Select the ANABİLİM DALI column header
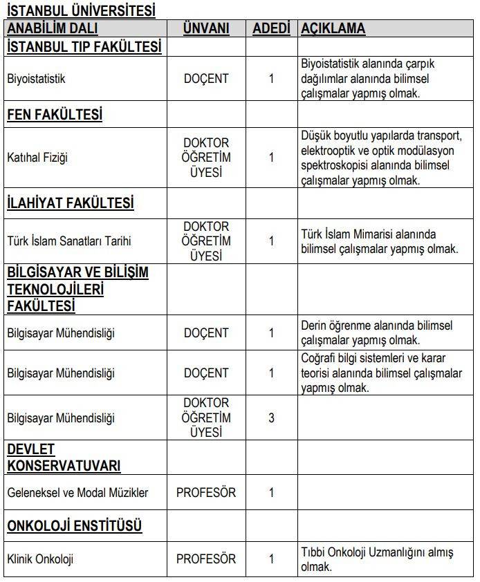[53, 28]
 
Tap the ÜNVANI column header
[206, 28]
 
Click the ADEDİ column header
[271, 28]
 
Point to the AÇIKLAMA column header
[333, 28]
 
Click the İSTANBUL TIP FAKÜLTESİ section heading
[84, 46]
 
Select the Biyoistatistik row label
[36, 79]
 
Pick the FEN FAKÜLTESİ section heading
[55, 115]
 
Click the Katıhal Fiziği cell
[37, 158]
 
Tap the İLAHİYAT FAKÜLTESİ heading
[70, 203]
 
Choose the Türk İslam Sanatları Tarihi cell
[68, 241]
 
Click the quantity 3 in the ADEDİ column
[271, 418]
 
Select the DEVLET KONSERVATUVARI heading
[64, 458]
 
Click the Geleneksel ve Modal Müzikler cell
[77, 493]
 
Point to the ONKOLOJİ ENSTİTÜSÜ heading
[75, 526]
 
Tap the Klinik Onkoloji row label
[40, 559]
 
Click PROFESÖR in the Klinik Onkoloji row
[206, 558]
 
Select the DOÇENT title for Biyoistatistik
[206, 79]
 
